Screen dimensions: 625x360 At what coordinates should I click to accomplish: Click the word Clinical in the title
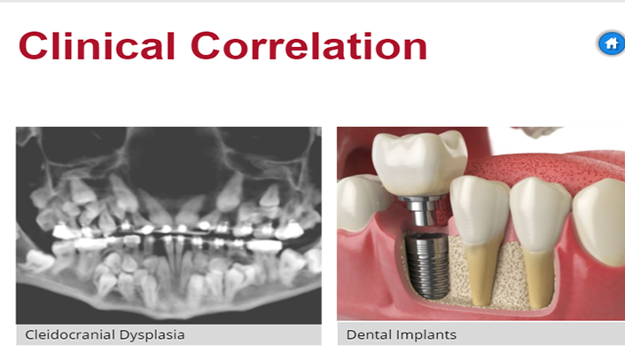[97, 46]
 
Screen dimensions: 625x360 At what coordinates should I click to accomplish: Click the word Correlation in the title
[309, 46]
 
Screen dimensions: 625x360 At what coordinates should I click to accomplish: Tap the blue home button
[611, 43]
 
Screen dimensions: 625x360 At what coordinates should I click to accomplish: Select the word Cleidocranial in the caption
[70, 334]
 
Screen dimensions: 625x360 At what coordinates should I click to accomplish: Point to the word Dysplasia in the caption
[152, 335]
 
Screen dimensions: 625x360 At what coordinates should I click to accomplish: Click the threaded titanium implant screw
[426, 265]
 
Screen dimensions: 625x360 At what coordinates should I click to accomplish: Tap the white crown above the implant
[419, 163]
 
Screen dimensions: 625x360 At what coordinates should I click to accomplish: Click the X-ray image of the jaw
[168, 225]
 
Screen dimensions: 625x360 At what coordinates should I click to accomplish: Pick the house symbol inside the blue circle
[612, 43]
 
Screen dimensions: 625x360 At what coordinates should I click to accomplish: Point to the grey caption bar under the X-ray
[168, 334]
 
